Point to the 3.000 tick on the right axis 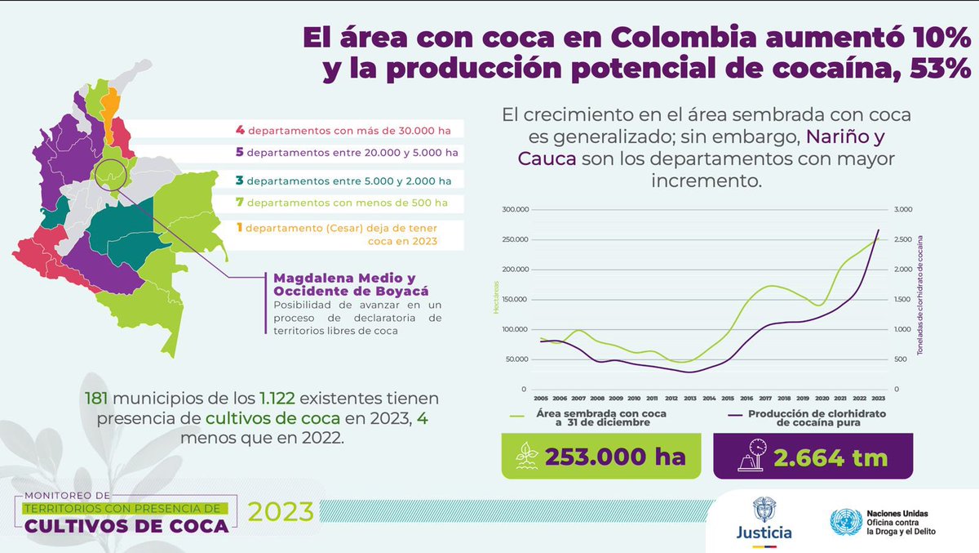click(x=907, y=210)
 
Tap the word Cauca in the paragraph click(x=547, y=157)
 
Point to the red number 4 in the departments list click(x=240, y=129)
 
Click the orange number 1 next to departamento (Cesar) click(x=240, y=227)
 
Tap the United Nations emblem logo click(x=845, y=521)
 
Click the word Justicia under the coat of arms click(x=763, y=532)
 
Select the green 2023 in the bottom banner click(x=281, y=511)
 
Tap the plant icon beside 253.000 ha click(x=526, y=457)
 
